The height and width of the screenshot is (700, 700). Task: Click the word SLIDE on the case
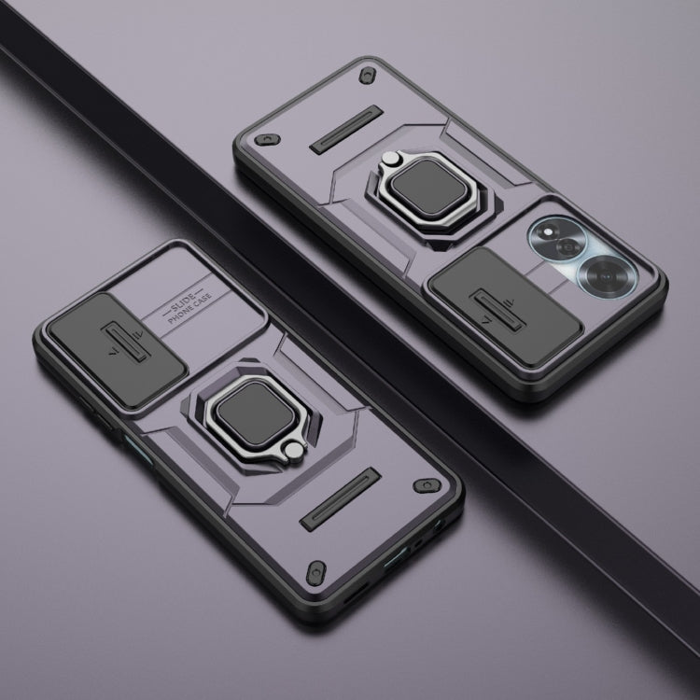click(x=183, y=300)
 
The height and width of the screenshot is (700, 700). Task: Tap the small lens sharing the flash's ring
click(x=568, y=246)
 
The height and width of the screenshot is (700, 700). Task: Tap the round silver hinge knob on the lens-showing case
click(x=390, y=159)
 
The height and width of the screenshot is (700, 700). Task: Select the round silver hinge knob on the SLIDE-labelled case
click(x=294, y=450)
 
